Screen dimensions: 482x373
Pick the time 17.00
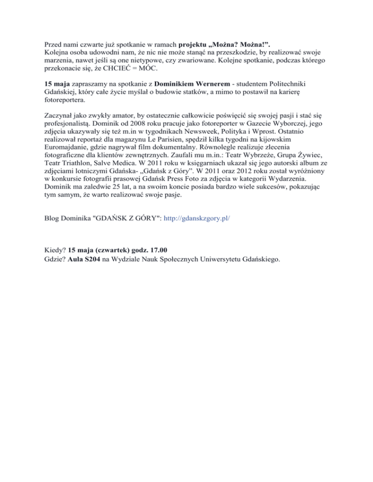click(157, 251)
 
